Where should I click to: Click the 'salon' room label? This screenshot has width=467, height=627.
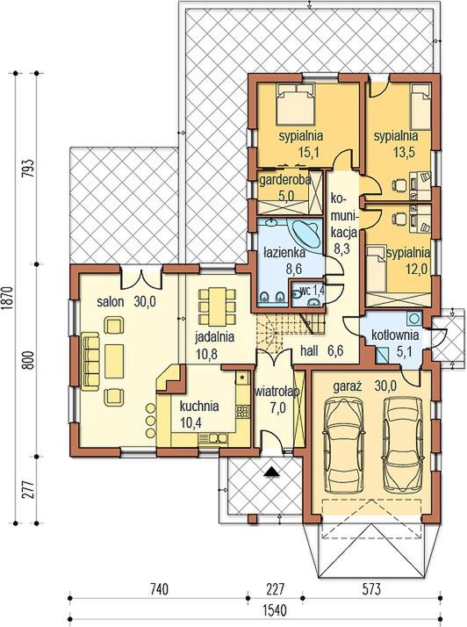point(111,302)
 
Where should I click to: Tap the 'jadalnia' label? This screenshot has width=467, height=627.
point(214,337)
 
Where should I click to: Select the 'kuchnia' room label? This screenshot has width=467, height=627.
point(199,407)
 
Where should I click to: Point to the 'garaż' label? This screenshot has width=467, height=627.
point(348,386)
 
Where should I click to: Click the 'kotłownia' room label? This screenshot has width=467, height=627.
point(395,335)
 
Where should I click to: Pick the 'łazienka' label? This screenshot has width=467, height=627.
point(284,253)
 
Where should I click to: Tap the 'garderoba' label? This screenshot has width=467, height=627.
point(285,180)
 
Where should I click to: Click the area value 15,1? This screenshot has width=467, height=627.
point(307,152)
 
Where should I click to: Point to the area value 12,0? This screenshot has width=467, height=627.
point(417,269)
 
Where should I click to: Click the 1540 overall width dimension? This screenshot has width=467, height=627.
point(275,610)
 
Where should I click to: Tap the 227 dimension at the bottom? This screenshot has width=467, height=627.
point(275,589)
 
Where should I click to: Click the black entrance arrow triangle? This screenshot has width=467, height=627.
point(272,472)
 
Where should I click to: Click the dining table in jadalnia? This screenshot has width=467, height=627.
point(217,306)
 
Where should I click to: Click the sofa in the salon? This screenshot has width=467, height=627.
point(90,361)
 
